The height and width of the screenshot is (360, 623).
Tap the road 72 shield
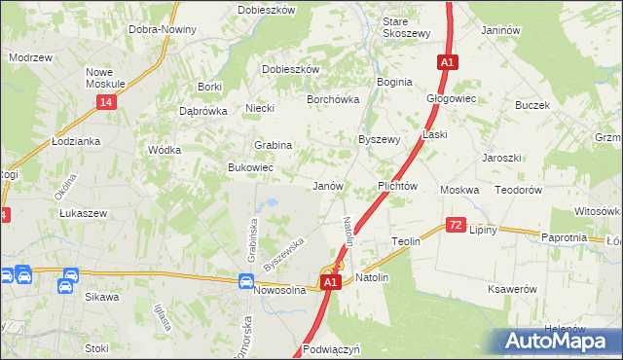[x=456, y=225]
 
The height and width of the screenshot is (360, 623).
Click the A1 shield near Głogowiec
[x=447, y=62]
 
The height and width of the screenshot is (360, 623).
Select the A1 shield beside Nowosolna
[x=330, y=282]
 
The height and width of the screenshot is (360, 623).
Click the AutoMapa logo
[x=562, y=340]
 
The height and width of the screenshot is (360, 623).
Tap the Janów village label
[x=328, y=185]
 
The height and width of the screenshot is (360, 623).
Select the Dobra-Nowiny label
[x=163, y=29]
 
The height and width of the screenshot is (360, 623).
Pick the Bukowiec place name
[x=250, y=168]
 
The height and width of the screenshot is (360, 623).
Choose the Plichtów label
[x=397, y=185]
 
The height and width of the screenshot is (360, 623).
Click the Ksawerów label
[x=512, y=290]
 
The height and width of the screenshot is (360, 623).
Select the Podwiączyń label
[x=332, y=348]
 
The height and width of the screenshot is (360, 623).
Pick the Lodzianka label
[x=76, y=141]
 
